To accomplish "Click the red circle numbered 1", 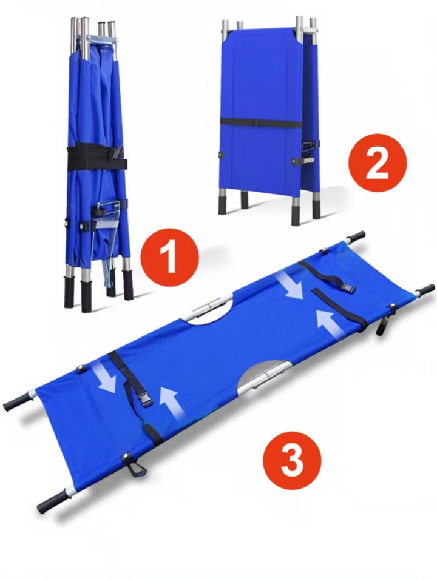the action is (170, 258).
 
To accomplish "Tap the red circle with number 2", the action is (378, 163).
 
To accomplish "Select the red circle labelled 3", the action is (292, 460).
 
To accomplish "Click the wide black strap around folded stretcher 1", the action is (97, 158).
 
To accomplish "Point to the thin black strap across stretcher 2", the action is (260, 123).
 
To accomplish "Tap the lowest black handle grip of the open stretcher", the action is (51, 502).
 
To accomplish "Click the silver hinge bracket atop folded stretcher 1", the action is (101, 38).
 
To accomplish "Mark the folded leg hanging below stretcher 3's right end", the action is (382, 323).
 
